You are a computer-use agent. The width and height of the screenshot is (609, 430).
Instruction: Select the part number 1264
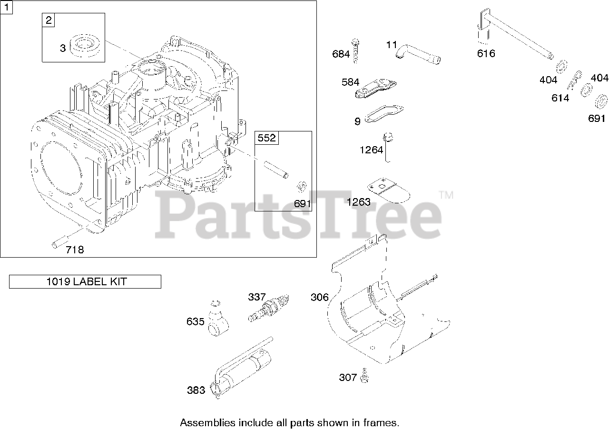coord(371,150)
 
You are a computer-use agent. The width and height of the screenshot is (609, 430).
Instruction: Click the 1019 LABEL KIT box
coord(85,281)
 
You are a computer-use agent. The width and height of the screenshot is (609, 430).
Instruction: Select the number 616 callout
coord(486,53)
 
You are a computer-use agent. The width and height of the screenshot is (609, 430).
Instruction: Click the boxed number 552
coord(267,138)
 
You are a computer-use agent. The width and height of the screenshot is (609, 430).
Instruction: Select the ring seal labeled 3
coord(86,47)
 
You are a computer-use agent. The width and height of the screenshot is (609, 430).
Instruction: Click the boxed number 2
coord(49,20)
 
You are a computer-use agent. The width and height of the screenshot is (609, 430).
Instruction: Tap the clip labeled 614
coord(575,80)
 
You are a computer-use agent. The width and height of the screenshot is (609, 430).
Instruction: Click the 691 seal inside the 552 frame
coord(301,186)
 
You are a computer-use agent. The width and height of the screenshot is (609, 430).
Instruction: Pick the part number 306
coord(319,297)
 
